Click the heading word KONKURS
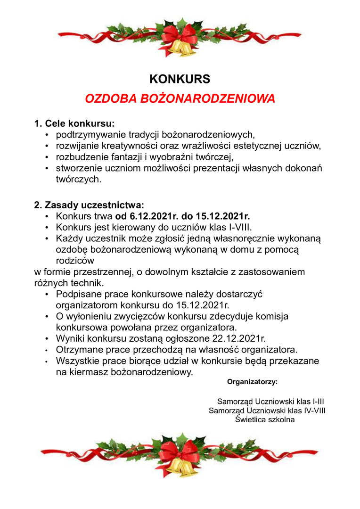point(180,78)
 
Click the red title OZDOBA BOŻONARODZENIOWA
point(180,99)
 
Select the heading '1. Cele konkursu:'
point(74,124)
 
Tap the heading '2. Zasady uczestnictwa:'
point(89,205)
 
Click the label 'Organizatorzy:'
point(252,381)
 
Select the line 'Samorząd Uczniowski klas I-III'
point(270,402)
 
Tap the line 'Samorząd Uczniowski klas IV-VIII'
point(267,410)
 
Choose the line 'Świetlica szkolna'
point(265,419)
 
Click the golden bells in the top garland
point(181,47)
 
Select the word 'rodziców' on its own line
point(75,261)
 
